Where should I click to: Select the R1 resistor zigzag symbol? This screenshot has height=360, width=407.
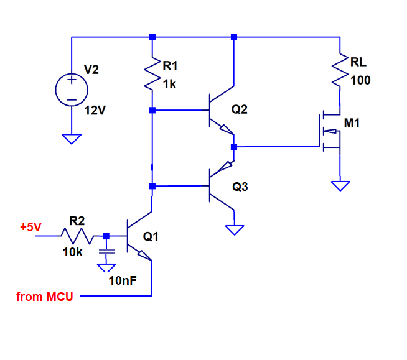[152, 74]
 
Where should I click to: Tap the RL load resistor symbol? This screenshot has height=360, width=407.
[340, 70]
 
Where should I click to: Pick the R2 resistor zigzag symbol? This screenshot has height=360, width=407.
[77, 236]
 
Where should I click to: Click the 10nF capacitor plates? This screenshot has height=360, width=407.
[106, 252]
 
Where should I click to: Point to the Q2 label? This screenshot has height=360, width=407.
[240, 109]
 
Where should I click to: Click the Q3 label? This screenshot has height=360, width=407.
[240, 187]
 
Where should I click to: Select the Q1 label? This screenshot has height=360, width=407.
[151, 236]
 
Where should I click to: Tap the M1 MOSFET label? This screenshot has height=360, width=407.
[352, 123]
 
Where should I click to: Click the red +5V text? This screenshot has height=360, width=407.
[30, 227]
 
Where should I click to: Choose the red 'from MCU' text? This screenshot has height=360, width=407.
[45, 297]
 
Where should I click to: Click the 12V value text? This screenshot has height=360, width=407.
[95, 111]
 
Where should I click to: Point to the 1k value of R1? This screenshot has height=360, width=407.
[169, 85]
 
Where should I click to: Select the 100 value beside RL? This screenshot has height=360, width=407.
[360, 80]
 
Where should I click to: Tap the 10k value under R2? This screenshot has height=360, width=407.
[73, 252]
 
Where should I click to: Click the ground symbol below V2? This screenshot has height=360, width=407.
[72, 139]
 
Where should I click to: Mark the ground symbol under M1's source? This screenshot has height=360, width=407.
[340, 186]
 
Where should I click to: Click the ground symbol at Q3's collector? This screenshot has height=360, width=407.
[235, 230]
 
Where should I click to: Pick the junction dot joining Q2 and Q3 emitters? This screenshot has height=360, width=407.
[234, 147]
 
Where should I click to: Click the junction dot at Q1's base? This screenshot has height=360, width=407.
[106, 236]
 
